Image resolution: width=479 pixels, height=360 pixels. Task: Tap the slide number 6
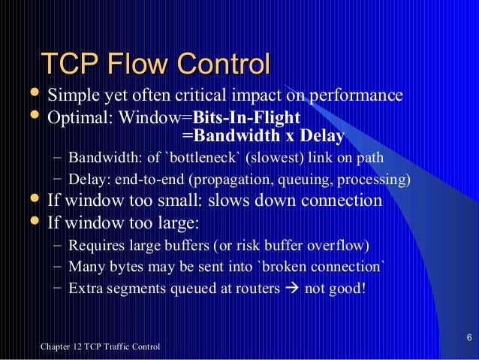click(x=468, y=336)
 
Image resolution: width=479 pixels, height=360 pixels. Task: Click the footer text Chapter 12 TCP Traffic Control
click(x=100, y=346)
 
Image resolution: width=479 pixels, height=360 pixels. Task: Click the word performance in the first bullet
click(x=356, y=97)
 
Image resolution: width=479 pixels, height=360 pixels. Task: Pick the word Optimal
click(x=74, y=117)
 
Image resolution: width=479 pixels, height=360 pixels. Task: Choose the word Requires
click(x=92, y=245)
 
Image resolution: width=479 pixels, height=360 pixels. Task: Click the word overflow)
click(x=337, y=245)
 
